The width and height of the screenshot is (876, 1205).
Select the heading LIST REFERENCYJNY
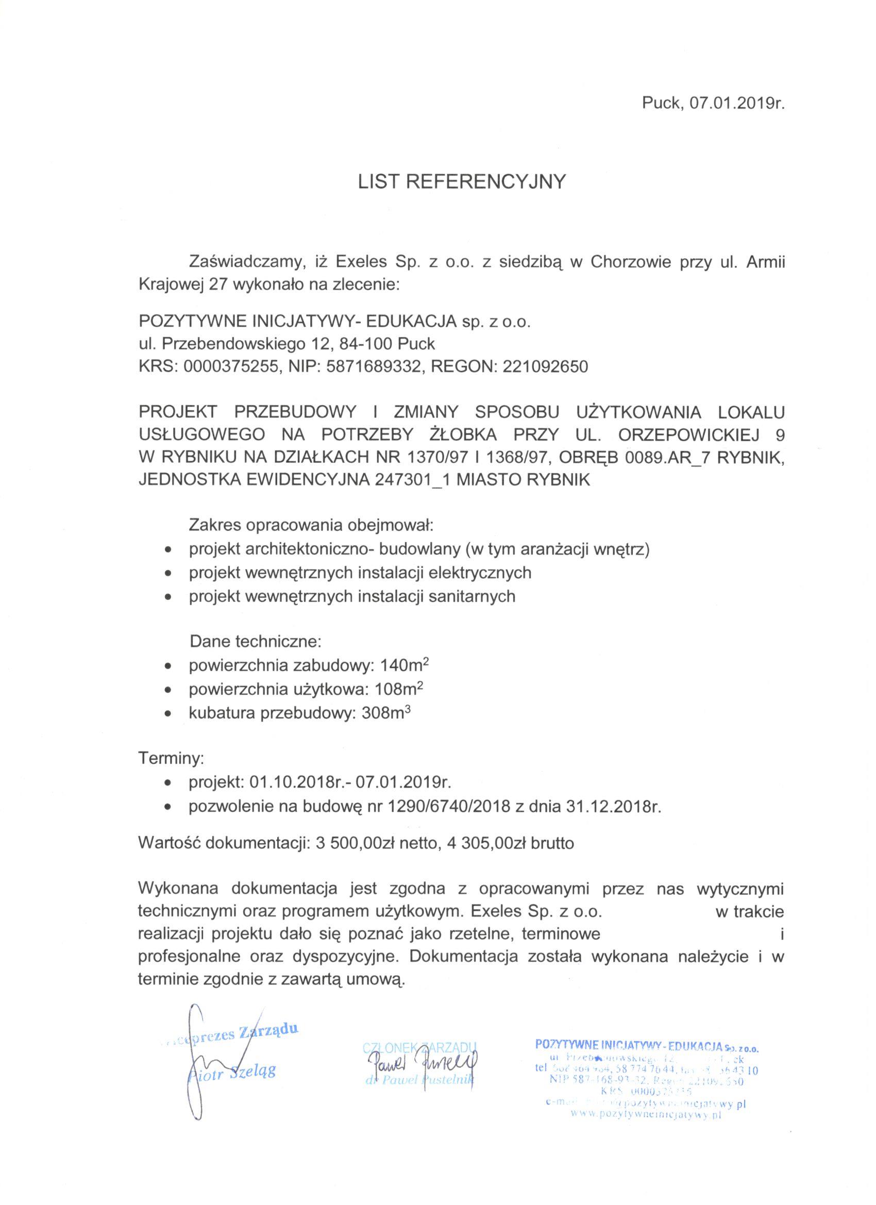[462, 182]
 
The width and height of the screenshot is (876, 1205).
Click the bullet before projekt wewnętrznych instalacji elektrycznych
[169, 574]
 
